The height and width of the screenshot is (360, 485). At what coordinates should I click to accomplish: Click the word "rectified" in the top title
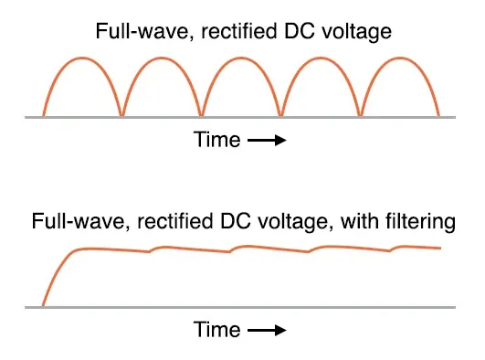tap(238, 31)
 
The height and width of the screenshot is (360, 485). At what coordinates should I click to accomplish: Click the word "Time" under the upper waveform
tap(216, 140)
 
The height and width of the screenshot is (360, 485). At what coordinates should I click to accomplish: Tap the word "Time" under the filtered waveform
tap(216, 329)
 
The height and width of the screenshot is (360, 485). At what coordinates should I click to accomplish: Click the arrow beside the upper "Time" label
tap(267, 140)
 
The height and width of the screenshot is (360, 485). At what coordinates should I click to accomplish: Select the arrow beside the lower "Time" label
tap(267, 330)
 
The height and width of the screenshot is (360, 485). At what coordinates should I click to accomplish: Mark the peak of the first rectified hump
tap(82, 58)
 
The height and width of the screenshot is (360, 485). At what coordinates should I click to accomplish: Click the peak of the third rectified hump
tap(241, 58)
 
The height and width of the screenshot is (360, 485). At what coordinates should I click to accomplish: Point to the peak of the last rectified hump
tap(400, 58)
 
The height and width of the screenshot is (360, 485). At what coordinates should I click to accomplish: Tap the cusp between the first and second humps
tap(121, 115)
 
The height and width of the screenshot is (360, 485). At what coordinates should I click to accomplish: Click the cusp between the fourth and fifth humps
tap(361, 115)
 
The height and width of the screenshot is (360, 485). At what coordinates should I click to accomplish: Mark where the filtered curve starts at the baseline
tap(43, 306)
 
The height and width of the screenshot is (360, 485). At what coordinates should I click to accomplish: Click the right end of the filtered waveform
tap(440, 248)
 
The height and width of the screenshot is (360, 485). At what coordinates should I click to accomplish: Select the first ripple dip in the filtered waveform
tap(150, 251)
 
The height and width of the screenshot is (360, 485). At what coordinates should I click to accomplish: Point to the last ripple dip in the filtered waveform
tap(389, 250)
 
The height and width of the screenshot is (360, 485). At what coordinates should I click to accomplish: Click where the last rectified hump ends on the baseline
tap(438, 116)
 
